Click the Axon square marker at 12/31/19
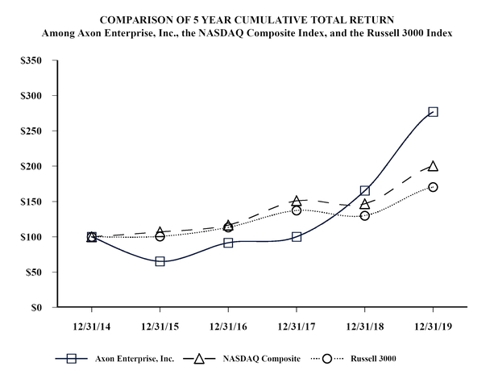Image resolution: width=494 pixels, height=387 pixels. pos(434,112)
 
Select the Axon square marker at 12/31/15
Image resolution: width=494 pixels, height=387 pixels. pos(160,261)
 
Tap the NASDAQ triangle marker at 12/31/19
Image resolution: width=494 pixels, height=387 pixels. pos(434,166)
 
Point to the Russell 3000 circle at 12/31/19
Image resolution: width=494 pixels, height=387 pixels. pos(434,187)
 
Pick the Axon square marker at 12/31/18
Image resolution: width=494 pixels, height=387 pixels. pos(365,191)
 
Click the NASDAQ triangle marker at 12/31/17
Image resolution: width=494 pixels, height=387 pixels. pos(297,201)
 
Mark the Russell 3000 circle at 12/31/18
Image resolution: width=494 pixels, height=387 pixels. pos(365,216)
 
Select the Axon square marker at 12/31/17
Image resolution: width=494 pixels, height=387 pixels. pos(297,237)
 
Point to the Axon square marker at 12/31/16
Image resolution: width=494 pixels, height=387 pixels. pos(228,243)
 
